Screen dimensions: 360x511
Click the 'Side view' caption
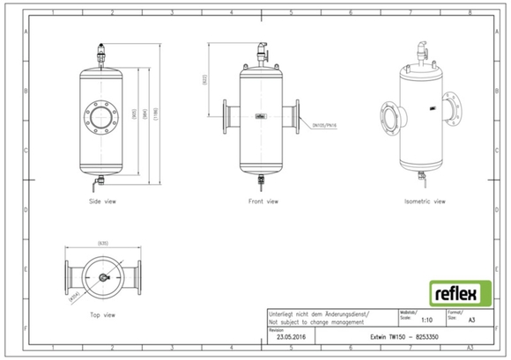click(x=103, y=201)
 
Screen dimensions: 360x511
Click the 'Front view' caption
click(x=262, y=201)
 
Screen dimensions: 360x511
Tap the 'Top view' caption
click(x=103, y=313)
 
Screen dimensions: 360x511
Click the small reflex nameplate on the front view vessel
click(x=262, y=114)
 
